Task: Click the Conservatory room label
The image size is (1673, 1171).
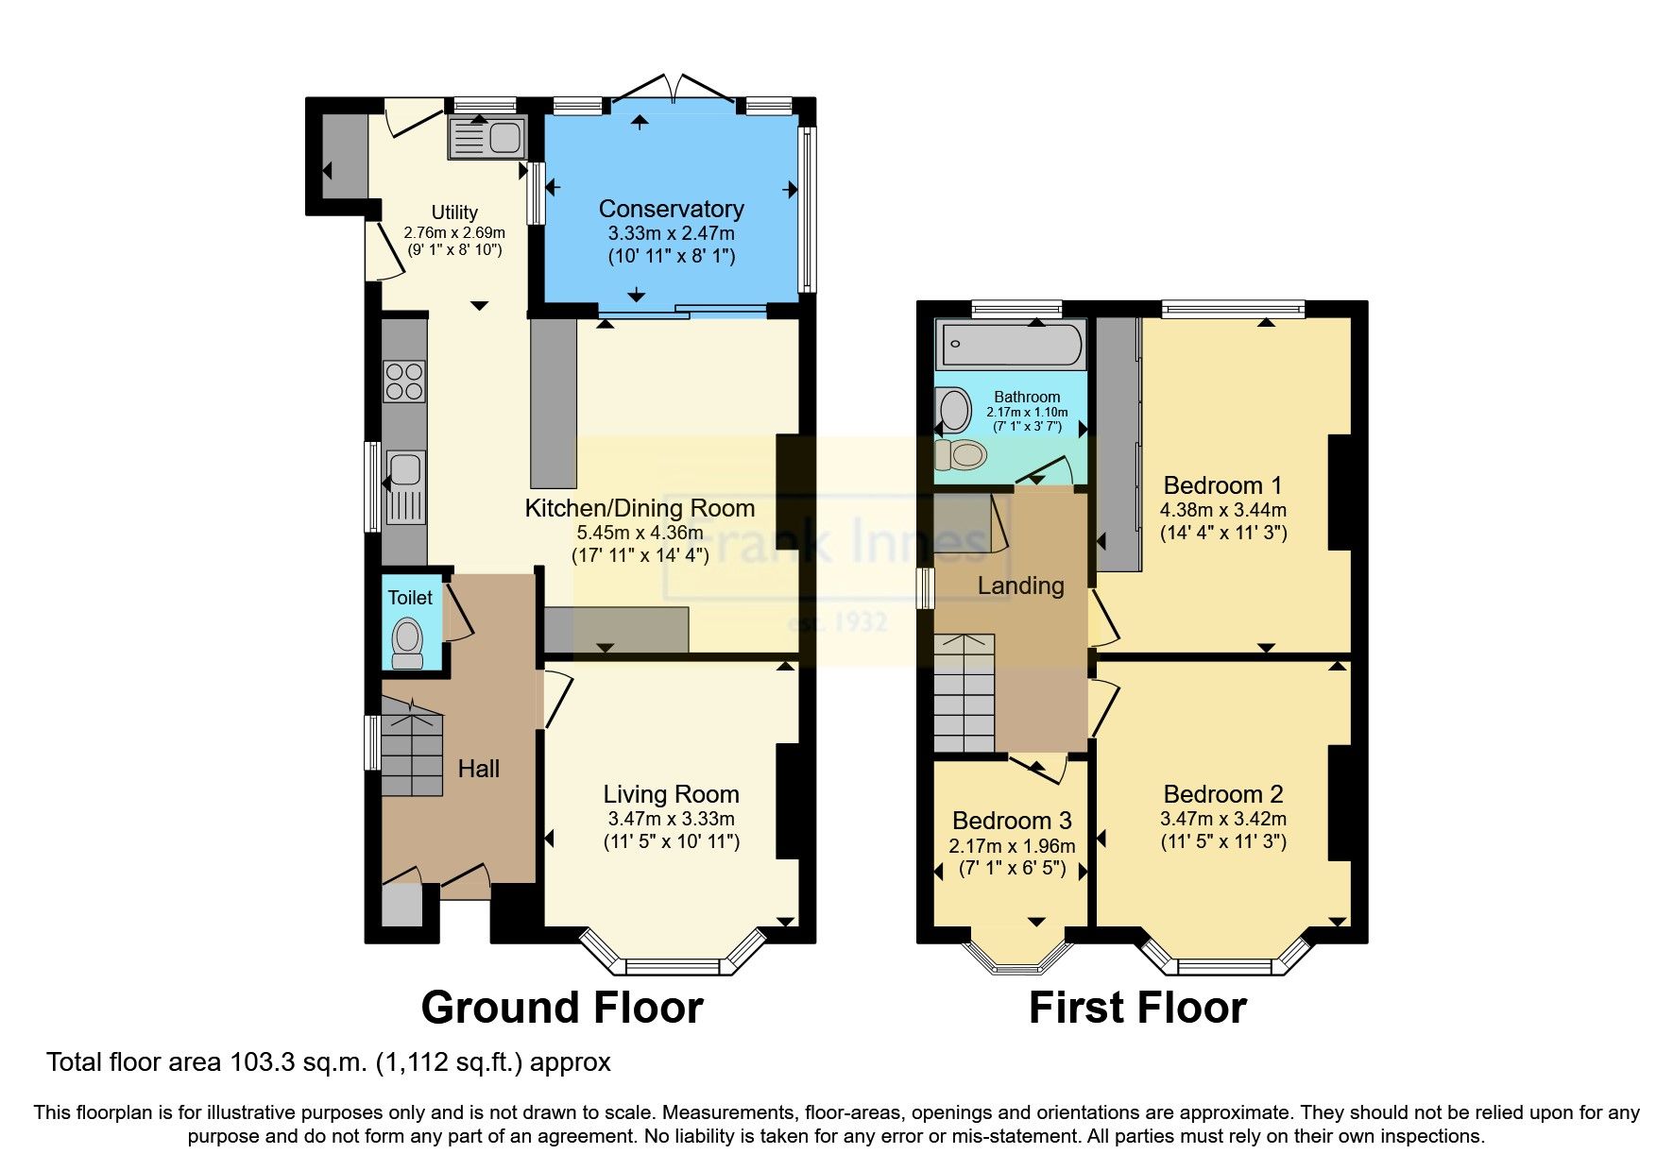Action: point(671,209)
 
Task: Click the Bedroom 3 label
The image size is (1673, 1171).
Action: point(1012,821)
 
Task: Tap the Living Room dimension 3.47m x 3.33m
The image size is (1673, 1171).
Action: point(671,819)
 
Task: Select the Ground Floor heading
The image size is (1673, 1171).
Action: point(562,1008)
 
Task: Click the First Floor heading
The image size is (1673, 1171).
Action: point(1137,1008)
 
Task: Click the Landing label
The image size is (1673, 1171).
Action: point(1020,585)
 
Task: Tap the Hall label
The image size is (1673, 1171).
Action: point(478,769)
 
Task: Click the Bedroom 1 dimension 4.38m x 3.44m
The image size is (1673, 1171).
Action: point(1223,510)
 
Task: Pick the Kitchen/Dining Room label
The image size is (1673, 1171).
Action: point(640,508)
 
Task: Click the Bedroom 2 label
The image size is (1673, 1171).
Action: point(1223,794)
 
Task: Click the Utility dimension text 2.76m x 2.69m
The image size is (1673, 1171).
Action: point(454,232)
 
